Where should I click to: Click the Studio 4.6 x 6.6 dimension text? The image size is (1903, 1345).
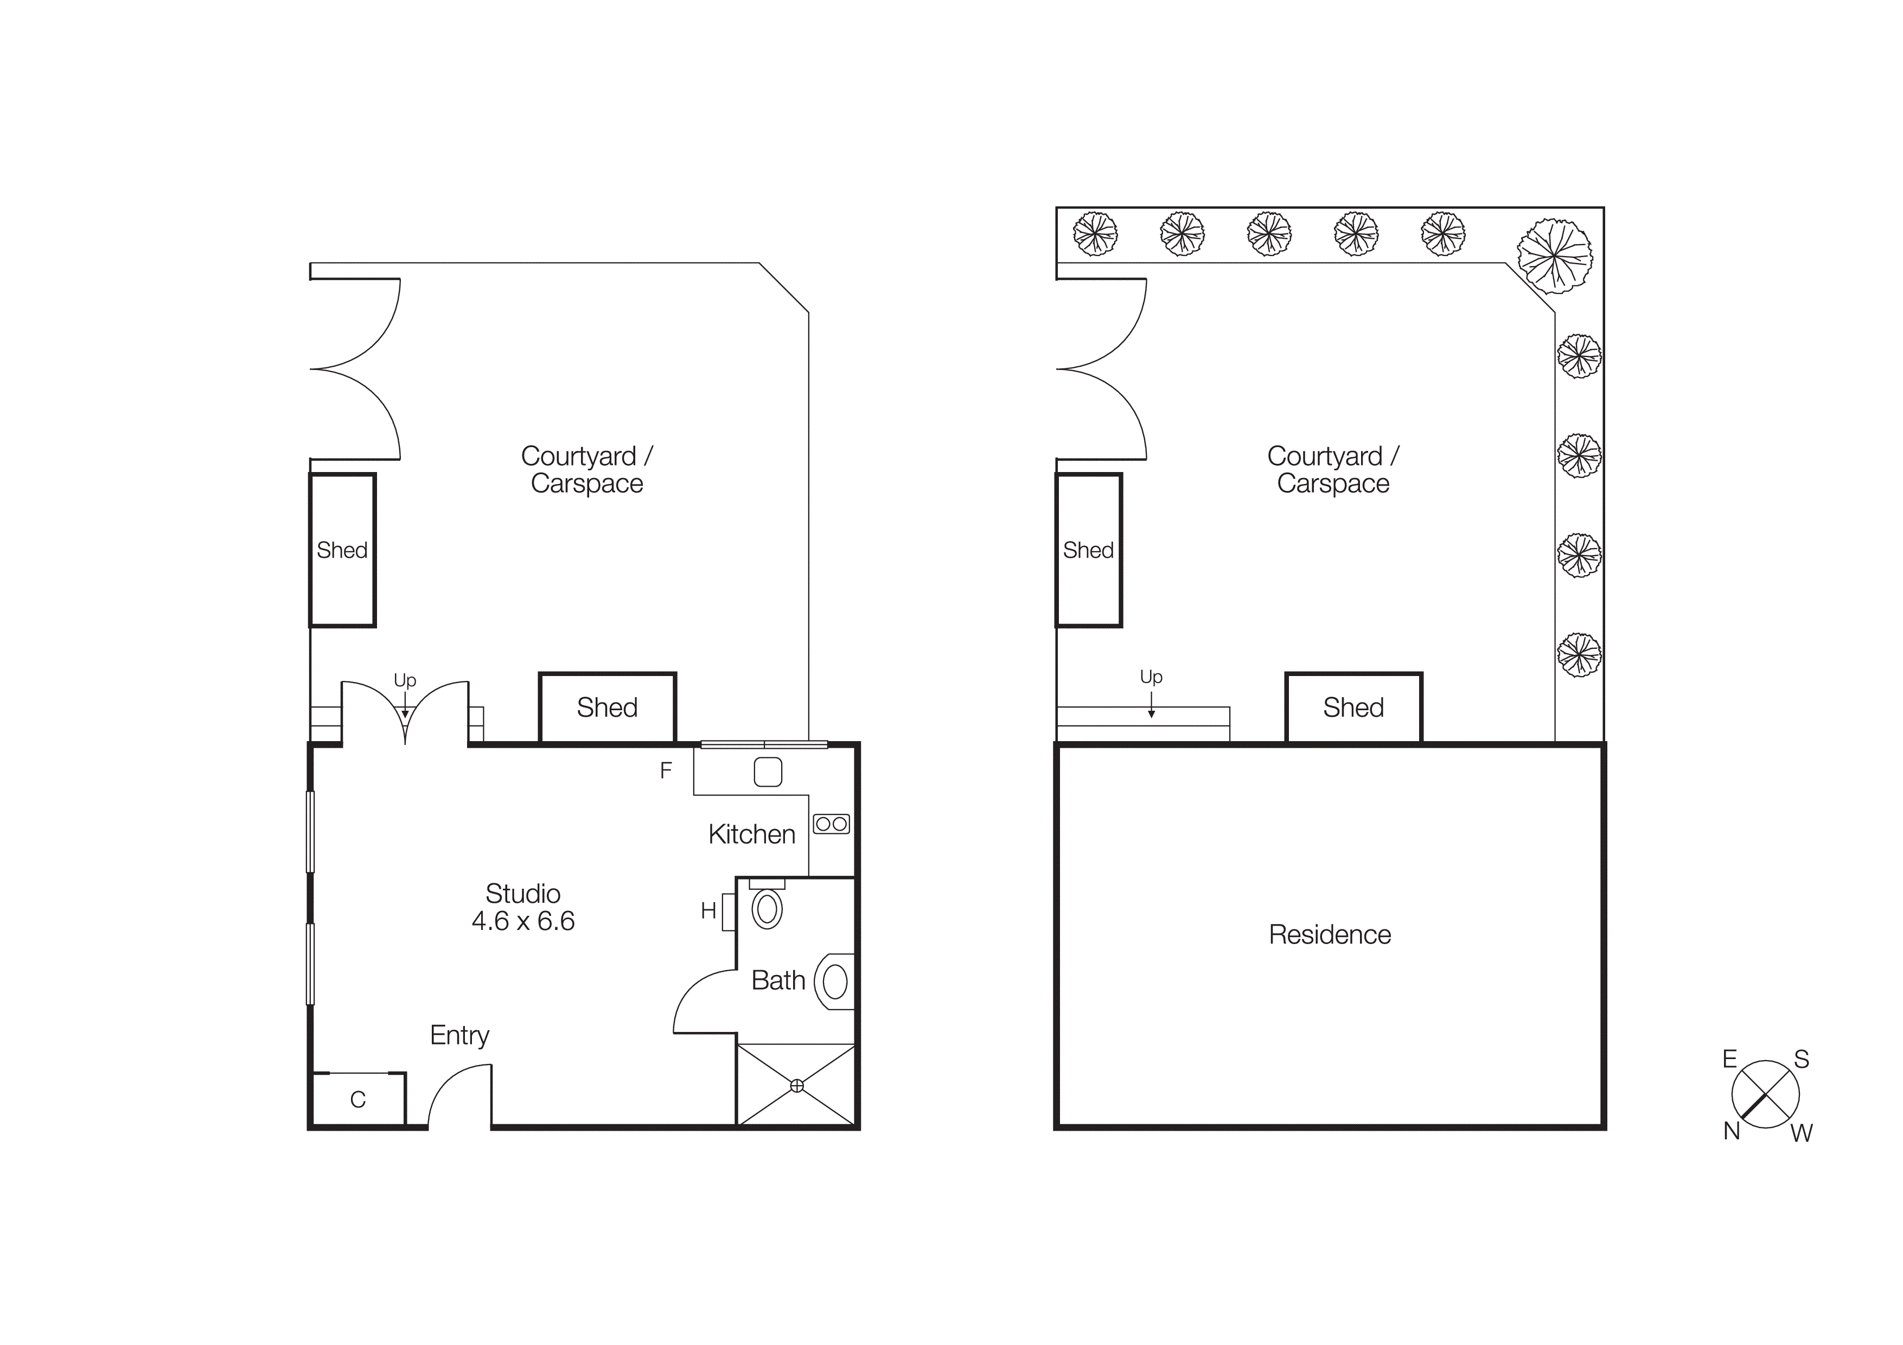[x=522, y=921]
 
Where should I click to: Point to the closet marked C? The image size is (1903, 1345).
[x=358, y=1100]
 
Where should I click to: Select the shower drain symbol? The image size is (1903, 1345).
[x=796, y=1086]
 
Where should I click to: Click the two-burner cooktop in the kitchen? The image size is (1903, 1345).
[x=831, y=824]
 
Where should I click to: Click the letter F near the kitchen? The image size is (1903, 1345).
[x=666, y=770]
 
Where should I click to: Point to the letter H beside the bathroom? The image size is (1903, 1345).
[x=708, y=911]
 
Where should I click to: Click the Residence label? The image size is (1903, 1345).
[x=1330, y=935]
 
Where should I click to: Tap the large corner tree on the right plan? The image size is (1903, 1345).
[x=1554, y=256]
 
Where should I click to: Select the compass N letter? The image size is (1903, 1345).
[x=1732, y=1131]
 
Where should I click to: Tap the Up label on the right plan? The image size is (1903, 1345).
[x=1151, y=677]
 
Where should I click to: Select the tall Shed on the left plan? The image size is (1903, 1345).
[x=342, y=550]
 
